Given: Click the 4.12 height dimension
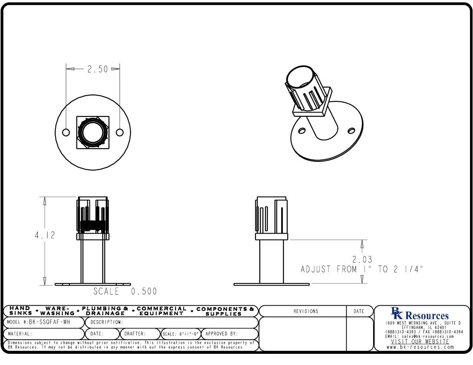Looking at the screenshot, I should [45, 236].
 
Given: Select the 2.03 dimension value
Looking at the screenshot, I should [362, 260].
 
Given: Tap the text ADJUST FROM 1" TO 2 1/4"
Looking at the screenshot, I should [362, 270].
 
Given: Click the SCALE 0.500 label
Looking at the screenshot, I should [125, 292].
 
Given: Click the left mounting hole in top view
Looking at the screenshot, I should [66, 132].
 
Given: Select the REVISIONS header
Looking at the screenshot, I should [305, 311].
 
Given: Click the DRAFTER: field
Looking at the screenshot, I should [135, 333].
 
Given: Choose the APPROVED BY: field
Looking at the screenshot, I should [222, 333].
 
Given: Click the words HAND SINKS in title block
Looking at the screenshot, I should [21, 311].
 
